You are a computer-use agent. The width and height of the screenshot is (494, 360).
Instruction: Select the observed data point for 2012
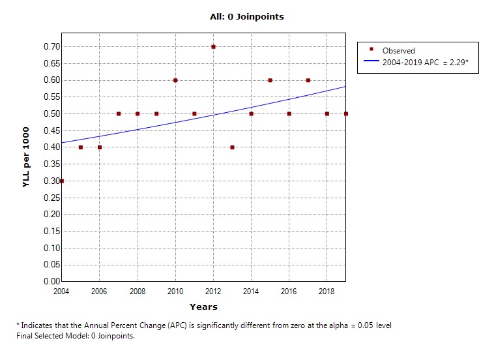tap(213, 47)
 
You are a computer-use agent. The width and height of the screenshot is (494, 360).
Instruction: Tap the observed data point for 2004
tap(61, 181)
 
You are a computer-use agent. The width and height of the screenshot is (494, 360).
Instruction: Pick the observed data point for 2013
tap(232, 147)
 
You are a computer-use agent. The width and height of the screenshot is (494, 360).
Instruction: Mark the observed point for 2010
tap(175, 80)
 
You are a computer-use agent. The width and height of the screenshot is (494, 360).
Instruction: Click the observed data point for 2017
tap(308, 80)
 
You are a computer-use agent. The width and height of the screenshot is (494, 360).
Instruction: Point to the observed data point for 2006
tap(99, 147)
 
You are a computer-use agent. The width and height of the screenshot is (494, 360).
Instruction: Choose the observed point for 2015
tap(270, 80)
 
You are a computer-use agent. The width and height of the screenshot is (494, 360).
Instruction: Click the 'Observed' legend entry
tap(398, 51)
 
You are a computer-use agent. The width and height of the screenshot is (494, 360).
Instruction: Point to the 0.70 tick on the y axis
tap(51, 47)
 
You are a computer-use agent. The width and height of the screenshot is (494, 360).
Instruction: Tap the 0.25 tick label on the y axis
tap(51, 198)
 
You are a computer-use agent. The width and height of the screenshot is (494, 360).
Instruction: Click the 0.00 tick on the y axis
tap(51, 281)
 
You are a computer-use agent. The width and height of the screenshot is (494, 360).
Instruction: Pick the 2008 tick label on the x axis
tap(138, 291)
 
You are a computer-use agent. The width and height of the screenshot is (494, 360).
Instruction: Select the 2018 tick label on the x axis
tap(327, 291)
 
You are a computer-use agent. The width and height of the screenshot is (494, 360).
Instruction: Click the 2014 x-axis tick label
tap(252, 291)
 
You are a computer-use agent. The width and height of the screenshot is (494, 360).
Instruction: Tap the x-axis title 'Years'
tap(203, 307)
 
